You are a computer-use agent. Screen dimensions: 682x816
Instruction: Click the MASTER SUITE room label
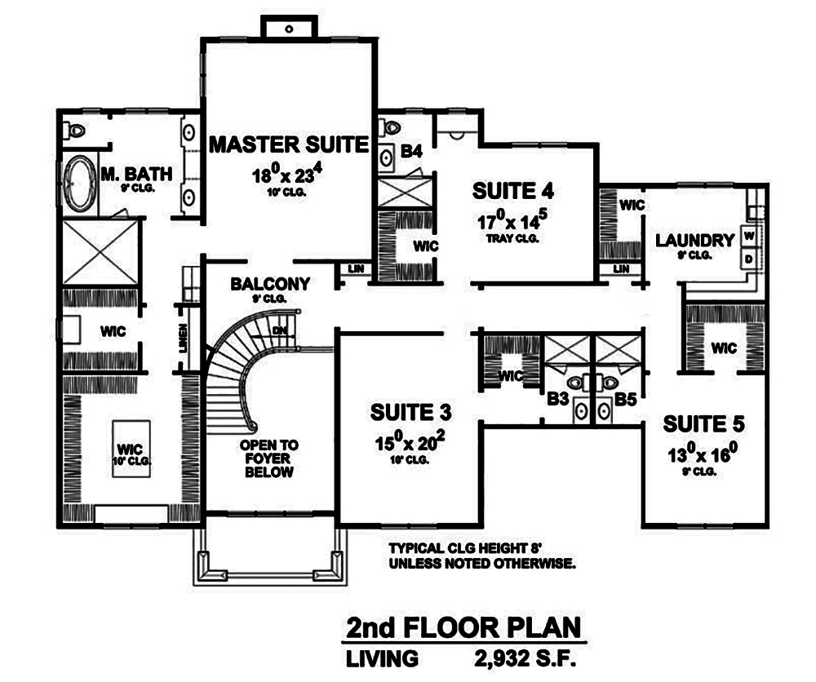click(289, 146)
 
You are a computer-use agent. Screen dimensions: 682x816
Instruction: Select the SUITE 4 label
click(513, 192)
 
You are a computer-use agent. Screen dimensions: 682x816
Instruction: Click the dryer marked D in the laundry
click(748, 259)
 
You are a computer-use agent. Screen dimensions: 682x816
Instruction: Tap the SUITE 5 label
click(703, 424)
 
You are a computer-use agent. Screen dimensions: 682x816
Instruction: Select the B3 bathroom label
click(557, 400)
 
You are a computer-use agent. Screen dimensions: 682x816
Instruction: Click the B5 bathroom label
click(625, 400)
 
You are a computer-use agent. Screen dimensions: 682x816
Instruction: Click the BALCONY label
click(270, 284)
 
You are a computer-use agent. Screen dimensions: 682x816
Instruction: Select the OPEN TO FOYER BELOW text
click(268, 458)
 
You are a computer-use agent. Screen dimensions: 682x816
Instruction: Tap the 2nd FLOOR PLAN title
click(463, 629)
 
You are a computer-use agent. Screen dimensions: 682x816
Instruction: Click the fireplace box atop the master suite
click(289, 27)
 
